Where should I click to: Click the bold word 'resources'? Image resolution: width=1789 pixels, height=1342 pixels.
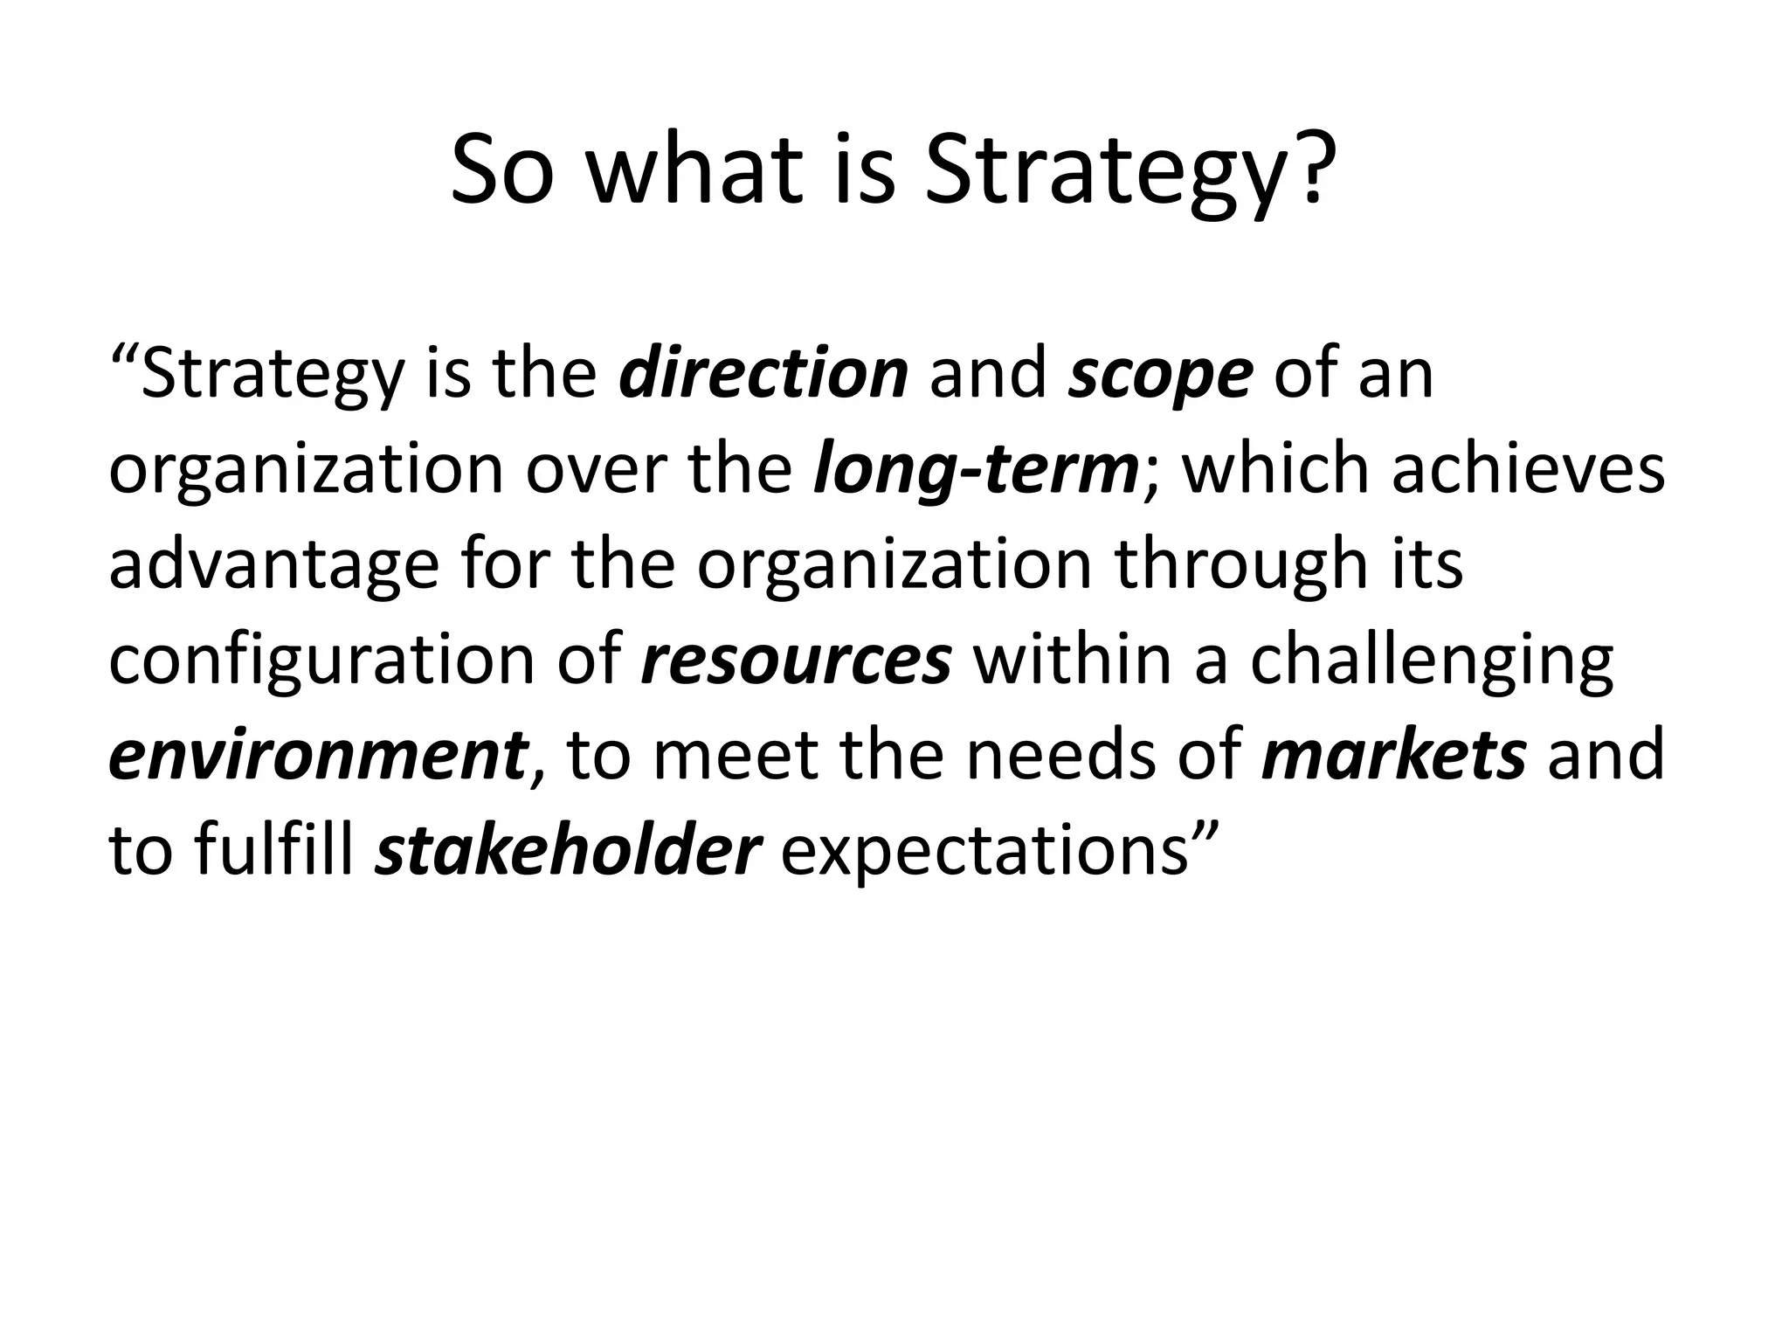tap(796, 661)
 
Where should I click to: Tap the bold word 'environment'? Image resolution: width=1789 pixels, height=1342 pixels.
tap(318, 755)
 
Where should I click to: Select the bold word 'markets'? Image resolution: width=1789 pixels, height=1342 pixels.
tap(1394, 755)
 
